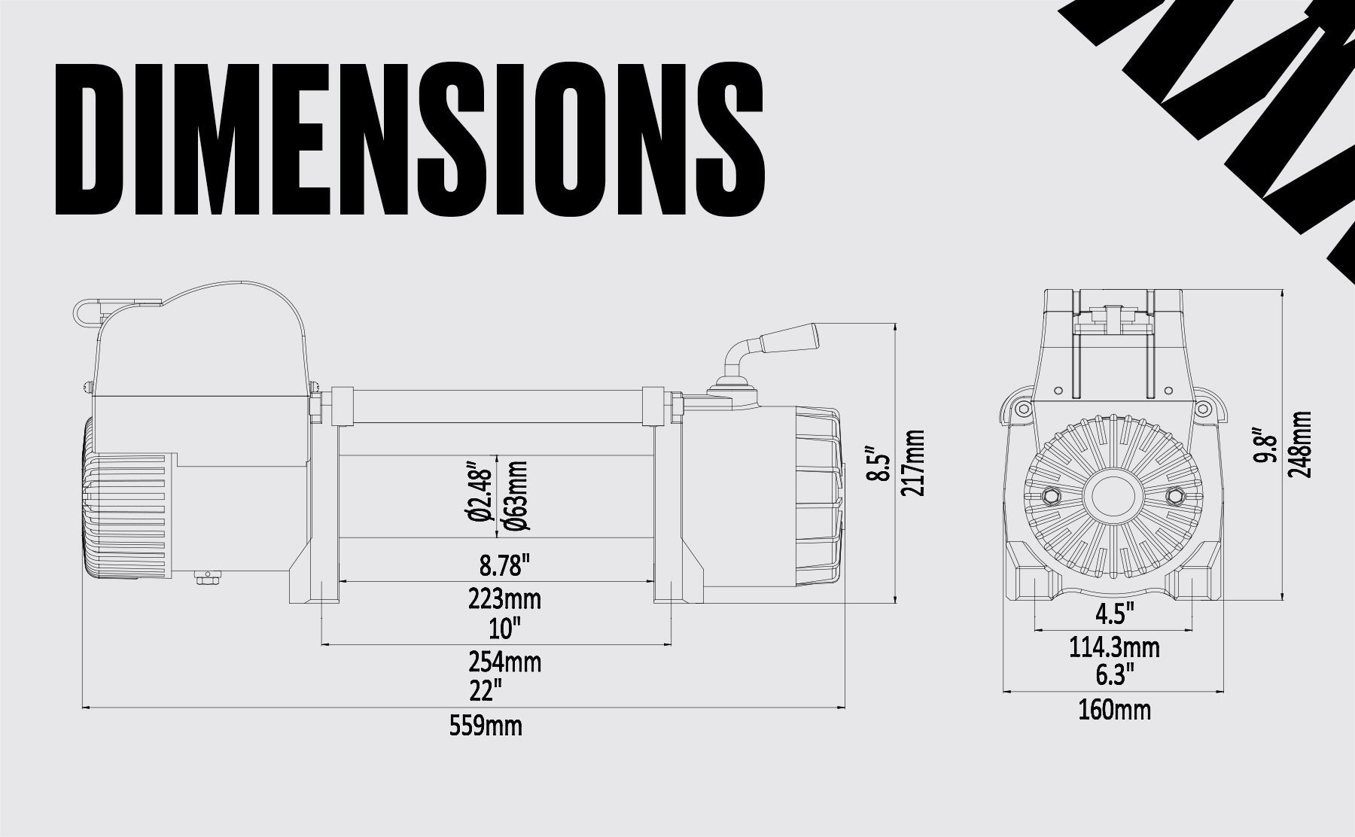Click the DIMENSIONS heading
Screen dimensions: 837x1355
(x=410, y=141)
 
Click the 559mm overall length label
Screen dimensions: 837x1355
(x=486, y=726)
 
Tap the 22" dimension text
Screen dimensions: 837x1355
(x=486, y=689)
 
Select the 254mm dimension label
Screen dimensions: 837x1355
(x=504, y=662)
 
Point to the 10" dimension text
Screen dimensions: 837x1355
(x=504, y=627)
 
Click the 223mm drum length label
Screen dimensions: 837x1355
(x=504, y=600)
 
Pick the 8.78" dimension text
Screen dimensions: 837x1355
(x=504, y=564)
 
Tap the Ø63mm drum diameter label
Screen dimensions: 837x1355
(x=517, y=497)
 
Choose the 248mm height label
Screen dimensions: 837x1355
(x=1300, y=444)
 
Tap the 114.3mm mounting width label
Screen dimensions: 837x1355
(x=1114, y=647)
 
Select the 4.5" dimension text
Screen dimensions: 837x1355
(x=1114, y=613)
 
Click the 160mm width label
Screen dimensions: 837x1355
(x=1113, y=709)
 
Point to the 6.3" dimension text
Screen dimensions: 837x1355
(x=1114, y=675)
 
